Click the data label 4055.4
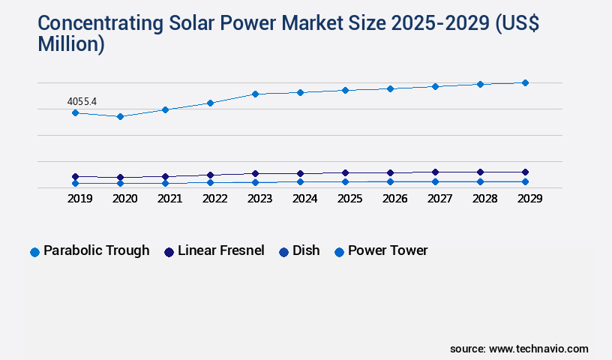82,100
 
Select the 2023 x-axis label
259,199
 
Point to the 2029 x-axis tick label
529,199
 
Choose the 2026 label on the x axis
394,199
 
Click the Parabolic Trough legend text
96,250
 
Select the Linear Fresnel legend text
220,250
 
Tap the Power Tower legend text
388,250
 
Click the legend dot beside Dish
283,252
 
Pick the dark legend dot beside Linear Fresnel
169,252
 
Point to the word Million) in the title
71,44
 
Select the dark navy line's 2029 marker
525,172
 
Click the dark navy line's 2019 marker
75,176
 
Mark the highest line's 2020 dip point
120,116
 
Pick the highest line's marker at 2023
255,94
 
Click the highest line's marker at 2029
525,82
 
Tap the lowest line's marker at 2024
300,181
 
